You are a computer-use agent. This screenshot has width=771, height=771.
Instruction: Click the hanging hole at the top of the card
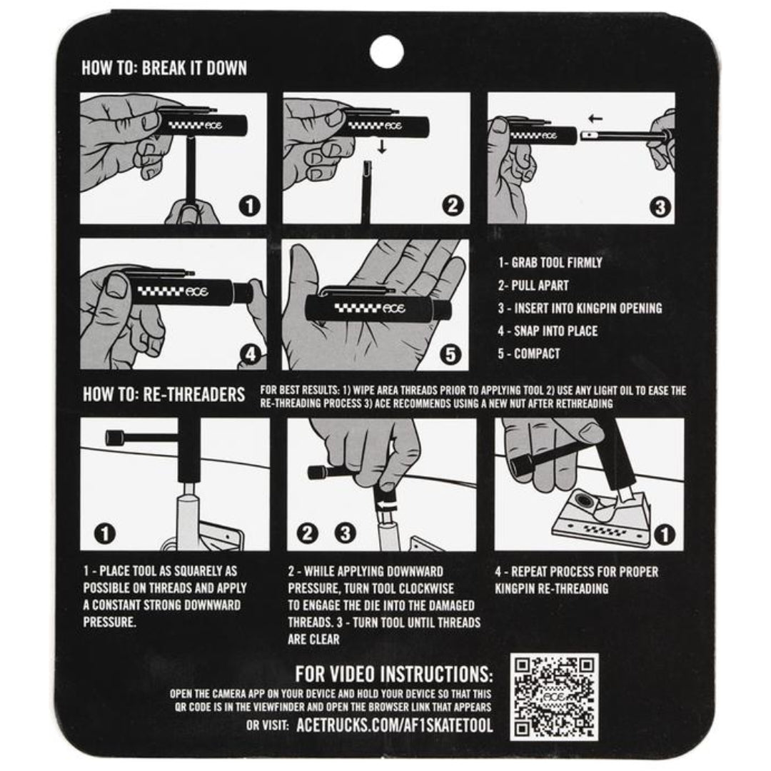[x=386, y=51]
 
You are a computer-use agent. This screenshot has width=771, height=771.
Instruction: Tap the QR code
[x=554, y=697]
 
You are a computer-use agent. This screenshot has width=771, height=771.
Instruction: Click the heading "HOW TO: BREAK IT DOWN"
[x=164, y=68]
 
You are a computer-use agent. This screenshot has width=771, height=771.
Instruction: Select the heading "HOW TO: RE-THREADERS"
[x=163, y=394]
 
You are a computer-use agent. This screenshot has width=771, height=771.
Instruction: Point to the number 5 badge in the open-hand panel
[x=450, y=354]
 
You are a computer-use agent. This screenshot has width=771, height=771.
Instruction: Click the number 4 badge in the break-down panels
[x=251, y=354]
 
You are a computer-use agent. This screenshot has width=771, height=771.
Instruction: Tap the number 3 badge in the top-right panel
[x=660, y=207]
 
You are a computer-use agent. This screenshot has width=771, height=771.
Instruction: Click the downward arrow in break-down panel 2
[x=382, y=146]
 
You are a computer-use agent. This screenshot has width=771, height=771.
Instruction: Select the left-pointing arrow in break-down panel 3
[x=595, y=119]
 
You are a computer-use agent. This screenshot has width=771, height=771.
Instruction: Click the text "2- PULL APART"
[x=533, y=285]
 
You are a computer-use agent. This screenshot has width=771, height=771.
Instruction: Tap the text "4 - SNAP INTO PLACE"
[x=548, y=331]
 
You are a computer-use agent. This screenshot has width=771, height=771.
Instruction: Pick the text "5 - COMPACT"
[x=528, y=353]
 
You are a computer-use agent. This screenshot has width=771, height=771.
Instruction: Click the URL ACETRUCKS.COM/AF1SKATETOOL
[x=394, y=725]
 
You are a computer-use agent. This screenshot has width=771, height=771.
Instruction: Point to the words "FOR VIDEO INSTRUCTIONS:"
[x=394, y=674]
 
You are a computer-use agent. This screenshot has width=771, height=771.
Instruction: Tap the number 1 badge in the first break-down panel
[x=249, y=206]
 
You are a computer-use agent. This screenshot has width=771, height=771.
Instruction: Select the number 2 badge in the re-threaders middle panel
[x=307, y=533]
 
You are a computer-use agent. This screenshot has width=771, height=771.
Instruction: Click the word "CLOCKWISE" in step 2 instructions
[x=426, y=588]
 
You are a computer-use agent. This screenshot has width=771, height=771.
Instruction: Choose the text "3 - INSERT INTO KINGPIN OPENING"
[x=580, y=308]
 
